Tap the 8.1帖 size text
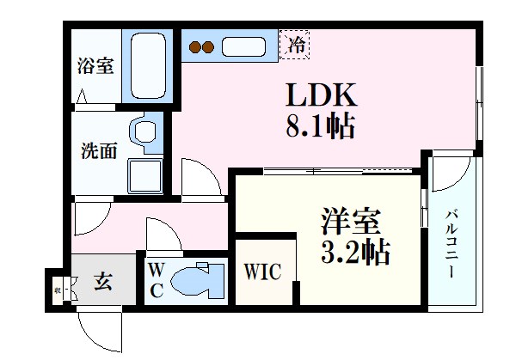(x=319, y=130)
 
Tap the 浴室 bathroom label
(x=95, y=67)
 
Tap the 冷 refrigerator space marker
(x=296, y=41)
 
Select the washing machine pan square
(x=144, y=176)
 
